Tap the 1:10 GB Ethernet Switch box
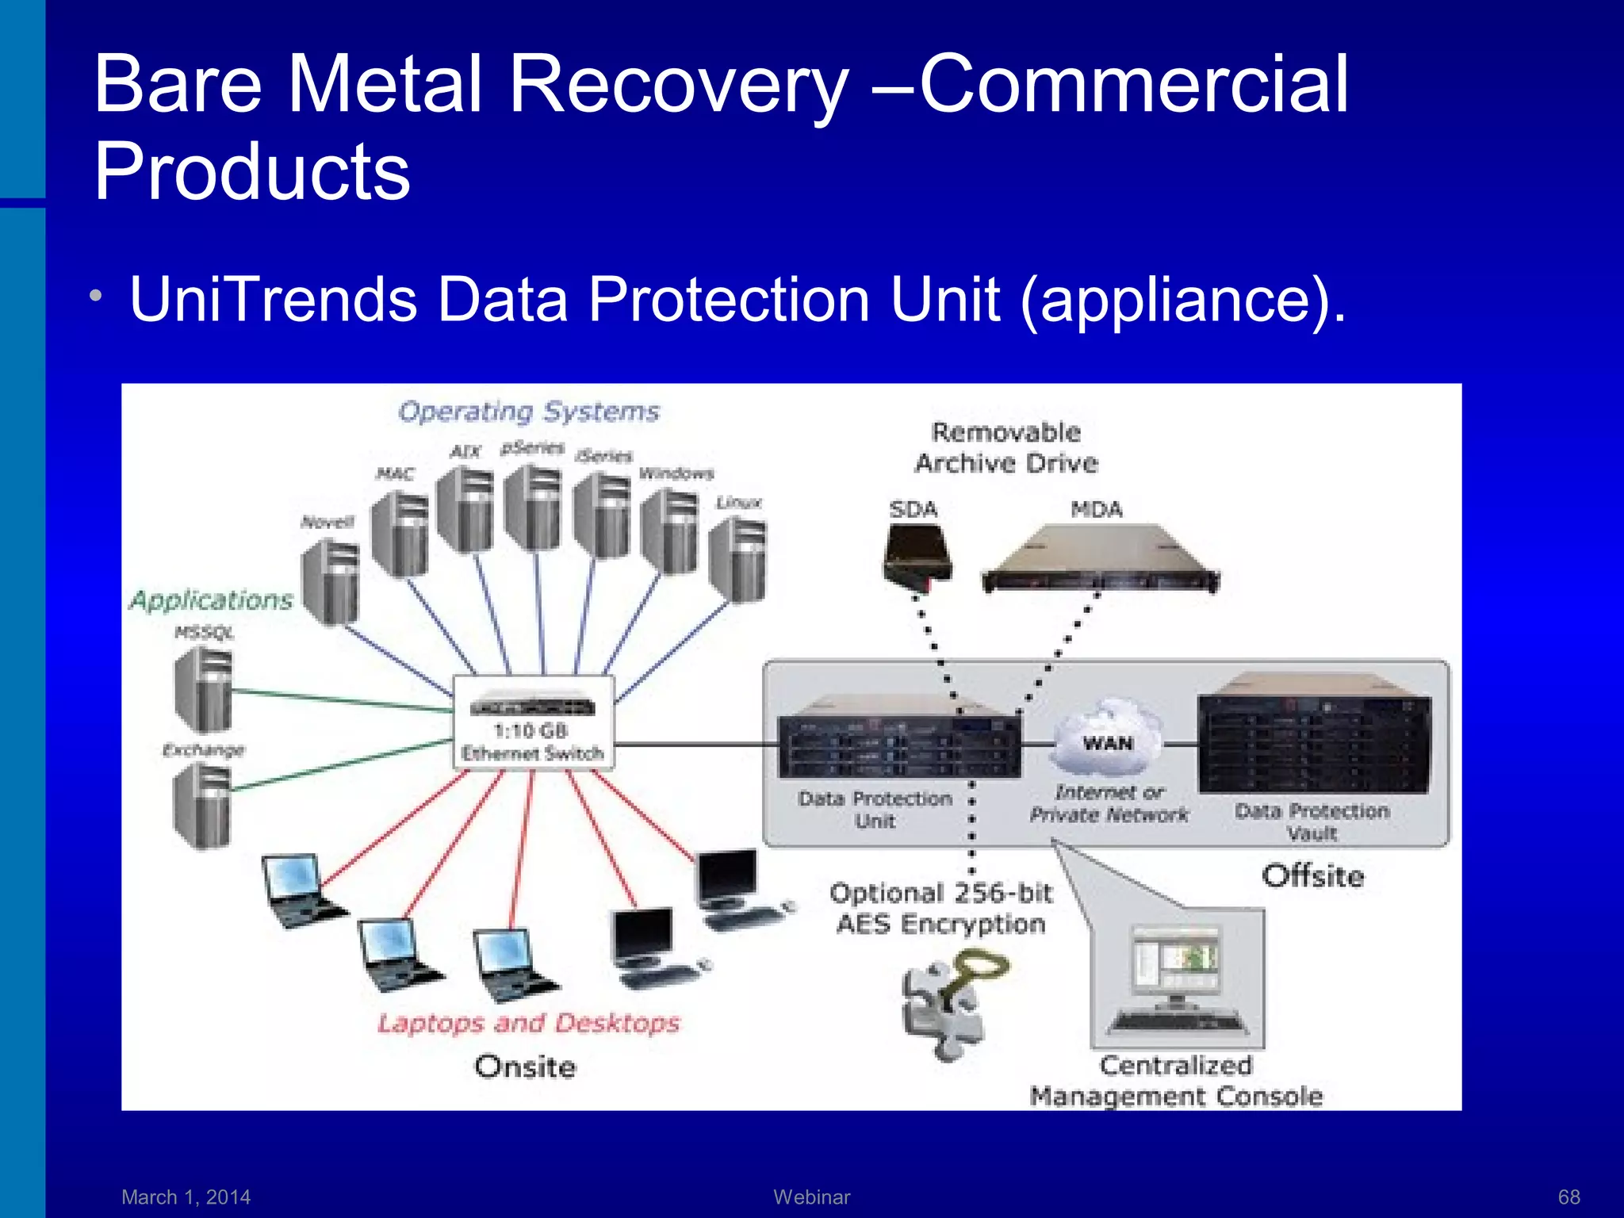tap(533, 722)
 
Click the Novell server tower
tap(331, 582)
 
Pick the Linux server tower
tap(738, 559)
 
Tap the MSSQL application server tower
tap(204, 688)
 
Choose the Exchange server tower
tap(202, 805)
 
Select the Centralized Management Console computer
tap(1178, 981)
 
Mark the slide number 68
tap(1568, 1197)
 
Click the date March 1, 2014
tap(186, 1197)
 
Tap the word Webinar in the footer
tap(811, 1197)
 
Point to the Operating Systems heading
tap(529, 412)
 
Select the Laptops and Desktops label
tap(529, 1023)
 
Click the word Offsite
tap(1313, 876)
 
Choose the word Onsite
tap(526, 1067)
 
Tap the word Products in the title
tap(252, 171)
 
